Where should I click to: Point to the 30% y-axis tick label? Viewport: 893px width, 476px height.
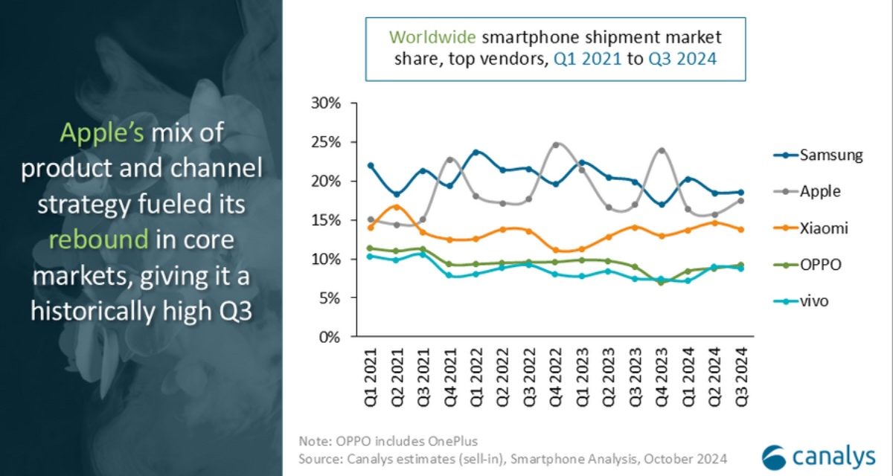(x=325, y=103)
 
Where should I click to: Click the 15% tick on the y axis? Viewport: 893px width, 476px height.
(x=325, y=220)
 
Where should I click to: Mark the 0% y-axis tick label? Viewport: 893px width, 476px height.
(x=329, y=337)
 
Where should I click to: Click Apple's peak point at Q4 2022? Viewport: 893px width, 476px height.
(x=555, y=145)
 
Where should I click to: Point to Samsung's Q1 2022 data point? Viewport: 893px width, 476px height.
(x=476, y=152)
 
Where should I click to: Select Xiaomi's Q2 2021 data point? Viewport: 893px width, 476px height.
(x=397, y=207)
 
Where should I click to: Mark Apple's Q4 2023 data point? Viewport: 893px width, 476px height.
(x=661, y=150)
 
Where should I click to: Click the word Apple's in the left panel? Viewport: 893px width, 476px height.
(x=103, y=134)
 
